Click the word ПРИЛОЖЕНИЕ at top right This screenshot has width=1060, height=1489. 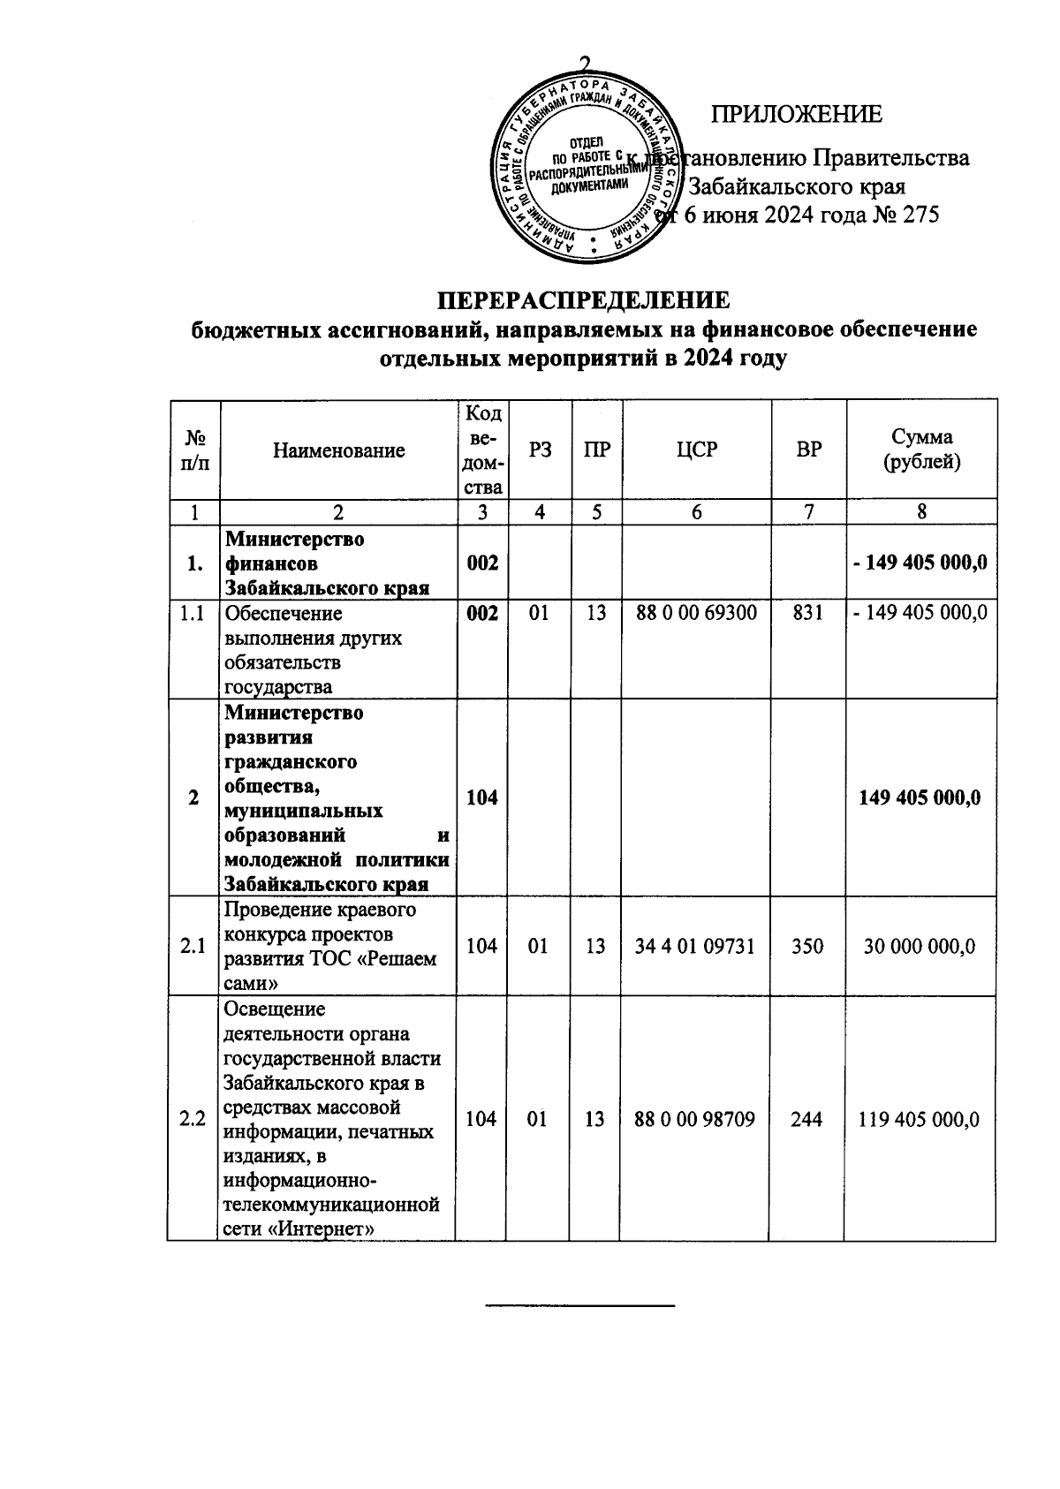(797, 115)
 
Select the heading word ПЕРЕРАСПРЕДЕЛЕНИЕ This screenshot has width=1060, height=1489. (585, 300)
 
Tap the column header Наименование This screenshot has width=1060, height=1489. (338, 450)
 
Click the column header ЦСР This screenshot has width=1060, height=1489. (696, 449)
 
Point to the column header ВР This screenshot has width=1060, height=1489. (808, 449)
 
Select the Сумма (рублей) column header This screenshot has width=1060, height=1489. (921, 449)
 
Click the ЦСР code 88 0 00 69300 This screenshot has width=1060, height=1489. (696, 612)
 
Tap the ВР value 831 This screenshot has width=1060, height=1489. (808, 612)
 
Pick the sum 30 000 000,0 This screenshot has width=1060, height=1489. (920, 946)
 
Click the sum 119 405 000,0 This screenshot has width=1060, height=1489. (920, 1119)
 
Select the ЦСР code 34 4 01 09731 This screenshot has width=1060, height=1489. (695, 946)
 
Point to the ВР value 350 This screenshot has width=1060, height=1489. (808, 946)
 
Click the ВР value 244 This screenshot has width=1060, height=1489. (808, 1119)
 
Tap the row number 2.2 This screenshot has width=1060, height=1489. (193, 1119)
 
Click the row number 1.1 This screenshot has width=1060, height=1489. (193, 612)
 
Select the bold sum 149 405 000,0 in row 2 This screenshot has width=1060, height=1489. (920, 797)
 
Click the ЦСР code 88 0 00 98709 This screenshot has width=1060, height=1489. (695, 1119)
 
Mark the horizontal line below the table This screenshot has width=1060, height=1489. (580, 1304)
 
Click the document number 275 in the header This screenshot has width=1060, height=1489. (920, 215)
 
